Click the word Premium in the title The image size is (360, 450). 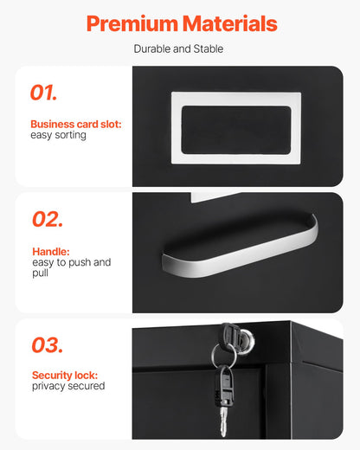pyautogui.click(x=132, y=23)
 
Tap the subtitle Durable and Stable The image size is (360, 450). pyautogui.click(x=178, y=49)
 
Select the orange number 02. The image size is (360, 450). pyautogui.click(x=48, y=219)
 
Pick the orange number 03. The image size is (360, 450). pyautogui.click(x=48, y=345)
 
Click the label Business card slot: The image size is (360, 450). pyautogui.click(x=76, y=125)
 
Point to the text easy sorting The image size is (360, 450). pyautogui.click(x=58, y=136)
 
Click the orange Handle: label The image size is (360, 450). pyautogui.click(x=50, y=252)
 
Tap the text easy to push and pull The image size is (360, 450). pyautogui.click(x=71, y=267)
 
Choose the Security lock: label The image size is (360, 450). pyautogui.click(x=65, y=376)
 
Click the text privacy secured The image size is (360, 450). pyautogui.click(x=68, y=387)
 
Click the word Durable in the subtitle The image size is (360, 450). pyautogui.click(x=152, y=49)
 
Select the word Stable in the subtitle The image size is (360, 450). pyautogui.click(x=209, y=49)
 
